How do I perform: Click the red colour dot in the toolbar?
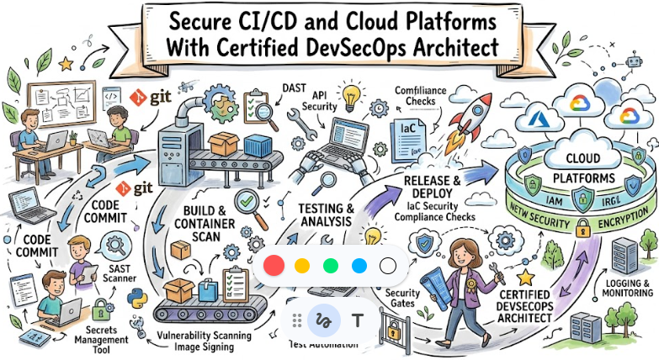pos(274,266)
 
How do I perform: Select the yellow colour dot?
pos(302,266)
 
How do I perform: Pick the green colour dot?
pos(331,266)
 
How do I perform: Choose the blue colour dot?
pos(359,266)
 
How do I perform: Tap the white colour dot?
pos(388,266)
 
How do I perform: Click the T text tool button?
pos(357,320)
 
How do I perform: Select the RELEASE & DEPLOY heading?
pos(433,187)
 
